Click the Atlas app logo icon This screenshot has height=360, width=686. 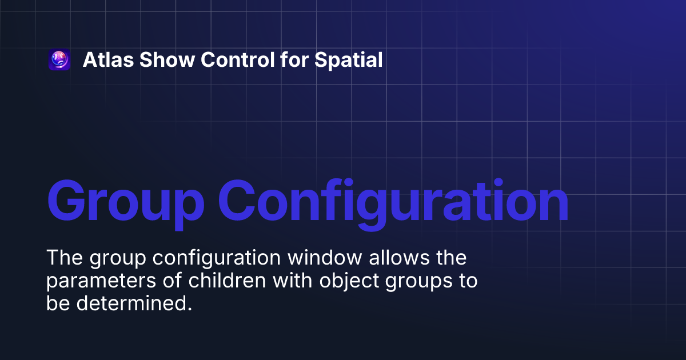pyautogui.click(x=59, y=60)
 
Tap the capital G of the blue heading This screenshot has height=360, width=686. pyautogui.click(x=69, y=201)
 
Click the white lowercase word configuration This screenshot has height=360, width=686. pyautogui.click(x=217, y=258)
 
